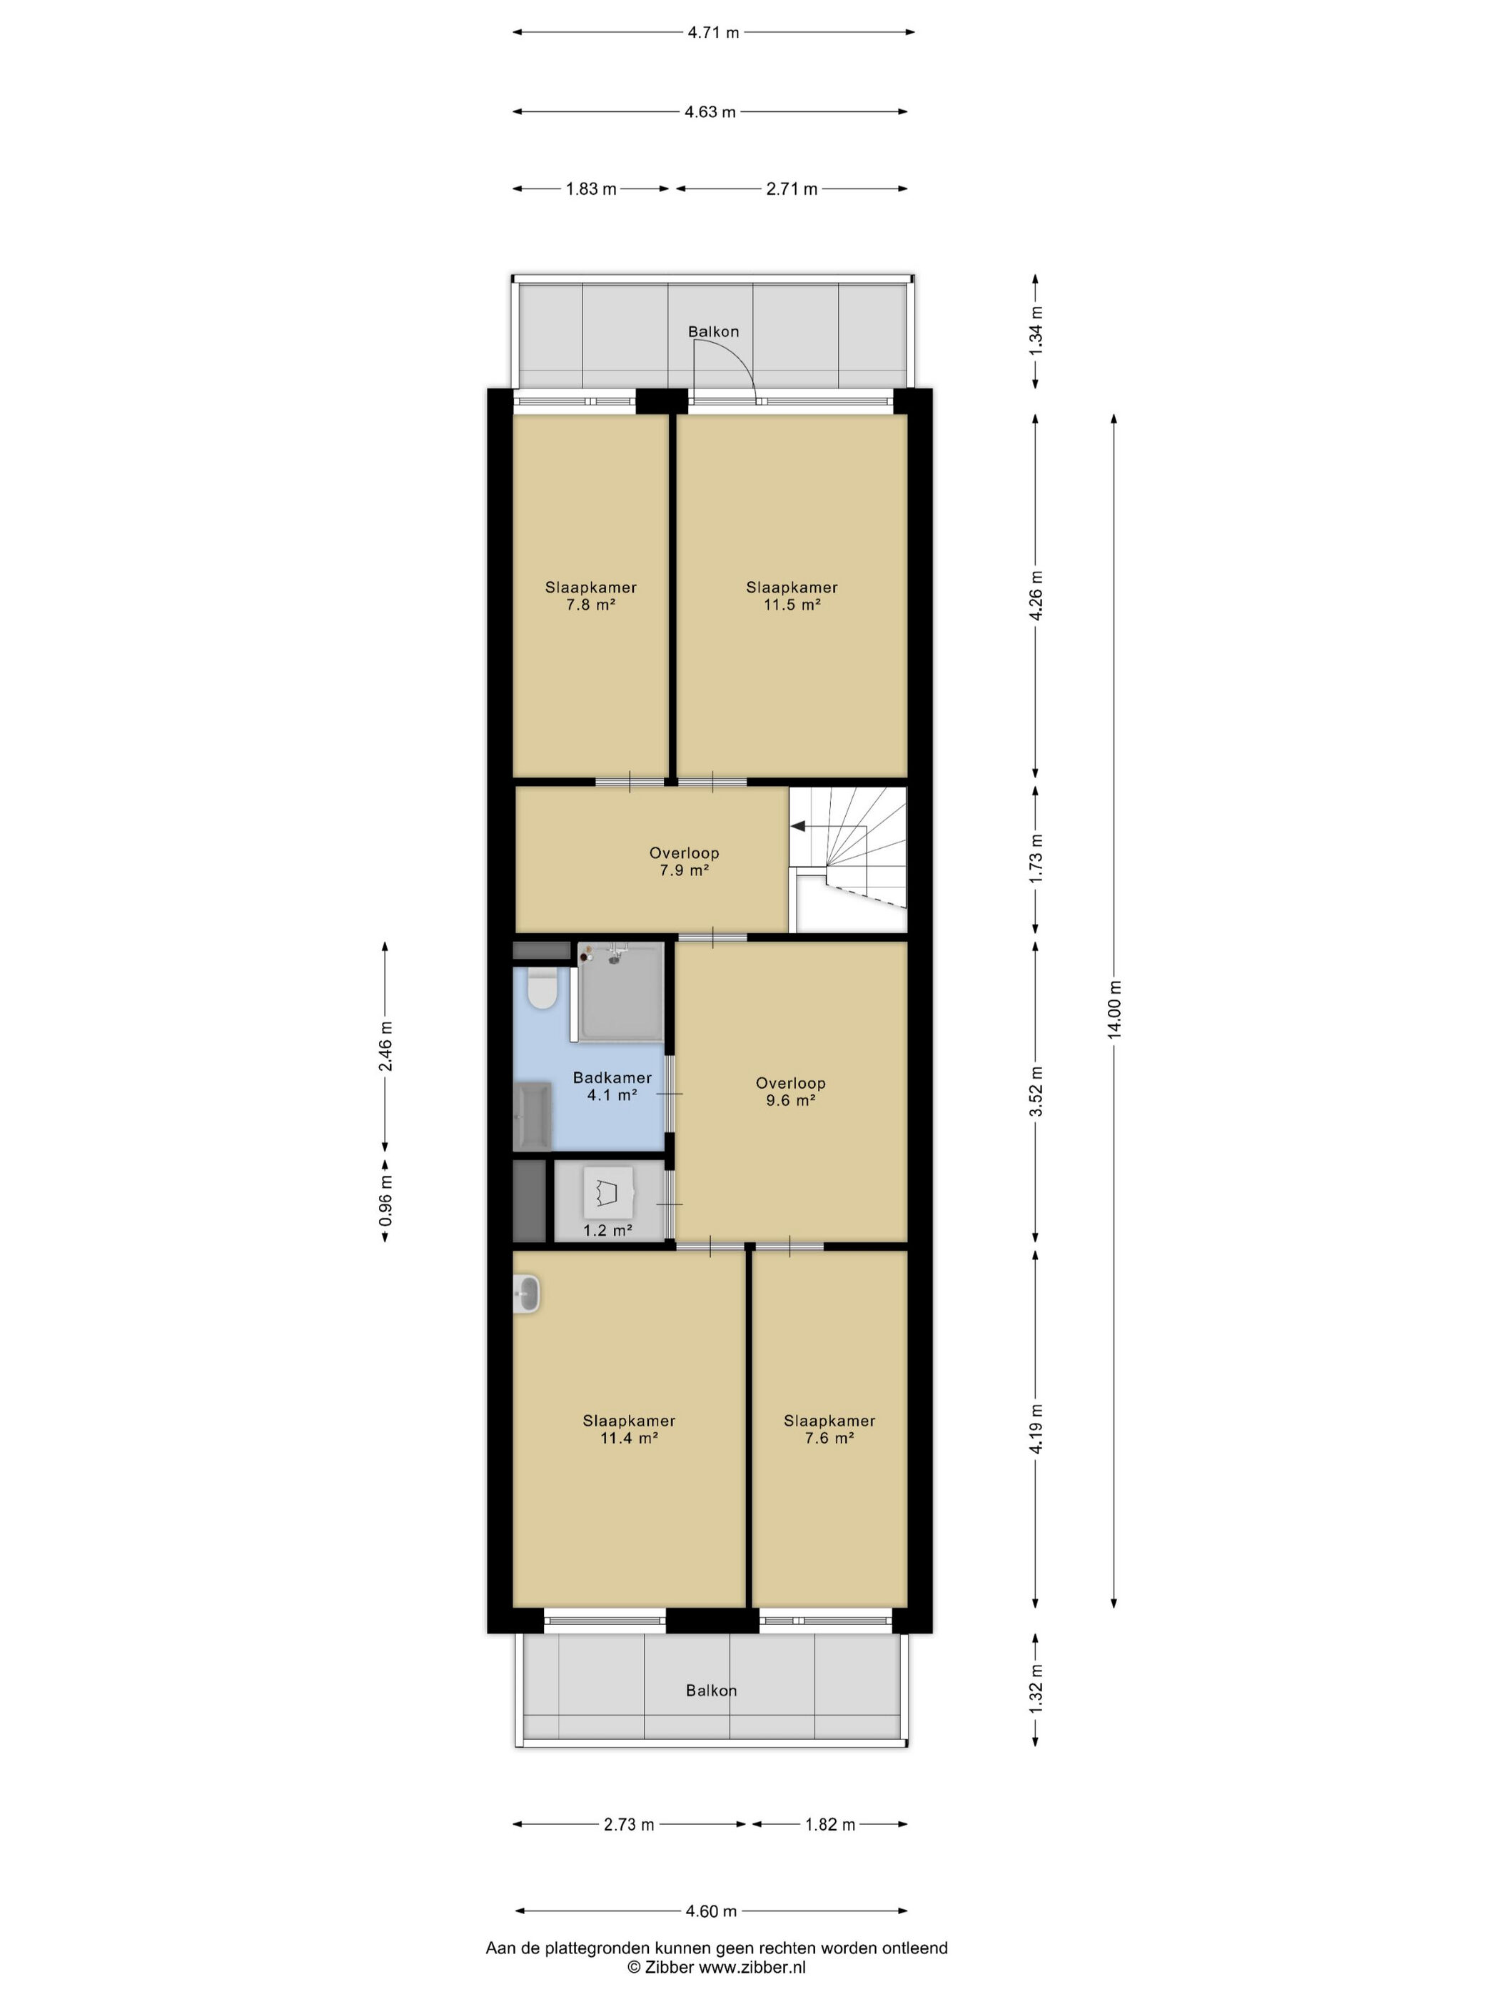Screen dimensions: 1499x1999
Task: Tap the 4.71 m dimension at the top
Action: tap(713, 33)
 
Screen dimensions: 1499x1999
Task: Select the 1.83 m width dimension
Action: tap(591, 189)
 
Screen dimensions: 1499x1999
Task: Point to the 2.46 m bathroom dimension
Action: tap(386, 1046)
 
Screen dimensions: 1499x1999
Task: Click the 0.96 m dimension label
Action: tap(386, 1200)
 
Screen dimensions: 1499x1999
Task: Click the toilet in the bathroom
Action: tap(542, 989)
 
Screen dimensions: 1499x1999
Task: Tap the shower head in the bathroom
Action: tap(615, 955)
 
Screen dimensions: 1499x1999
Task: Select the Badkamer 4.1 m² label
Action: tap(612, 1087)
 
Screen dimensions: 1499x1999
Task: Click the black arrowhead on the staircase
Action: tap(799, 826)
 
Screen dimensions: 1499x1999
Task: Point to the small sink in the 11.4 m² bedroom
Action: tap(527, 1294)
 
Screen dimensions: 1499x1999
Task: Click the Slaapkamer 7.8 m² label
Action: tap(591, 595)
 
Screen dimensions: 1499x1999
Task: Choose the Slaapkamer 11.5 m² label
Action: tap(792, 595)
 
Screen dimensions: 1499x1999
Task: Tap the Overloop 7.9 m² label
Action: tap(684, 861)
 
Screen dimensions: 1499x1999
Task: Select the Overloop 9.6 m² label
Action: tap(791, 1092)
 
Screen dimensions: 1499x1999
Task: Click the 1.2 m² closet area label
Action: tap(607, 1230)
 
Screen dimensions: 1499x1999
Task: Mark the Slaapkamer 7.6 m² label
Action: tap(829, 1429)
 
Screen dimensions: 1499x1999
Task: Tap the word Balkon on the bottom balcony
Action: tap(711, 1690)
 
